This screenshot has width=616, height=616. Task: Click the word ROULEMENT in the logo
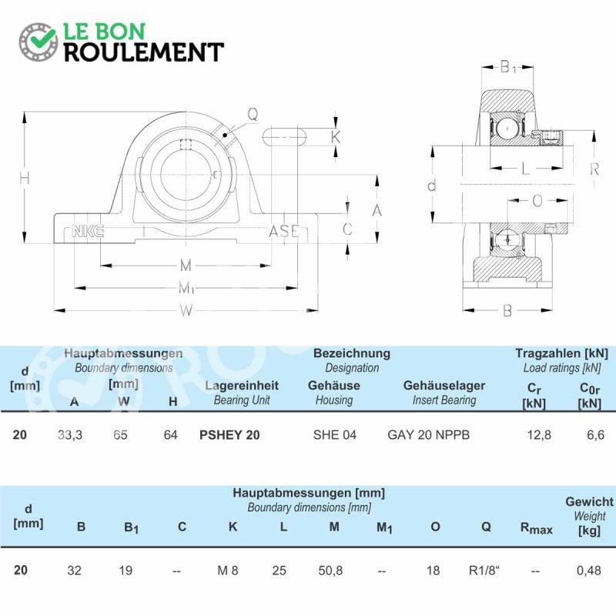pos(144,52)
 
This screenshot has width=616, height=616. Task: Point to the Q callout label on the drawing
pos(253,114)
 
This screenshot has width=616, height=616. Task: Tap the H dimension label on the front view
pos(25,179)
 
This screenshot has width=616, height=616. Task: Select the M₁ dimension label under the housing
pos(186,288)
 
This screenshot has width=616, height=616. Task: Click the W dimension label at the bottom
pos(186,311)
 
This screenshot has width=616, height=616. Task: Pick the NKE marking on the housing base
pos(88,231)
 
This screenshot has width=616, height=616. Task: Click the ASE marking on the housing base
pos(284,232)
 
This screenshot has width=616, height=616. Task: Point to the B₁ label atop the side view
pos(508,67)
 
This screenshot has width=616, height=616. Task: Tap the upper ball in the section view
pos(507,129)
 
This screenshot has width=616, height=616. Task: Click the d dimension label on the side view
pos(432,185)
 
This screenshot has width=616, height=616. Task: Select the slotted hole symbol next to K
pos(284,137)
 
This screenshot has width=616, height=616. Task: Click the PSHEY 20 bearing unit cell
pos(229,435)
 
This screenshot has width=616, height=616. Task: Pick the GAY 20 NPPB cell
pos(429,435)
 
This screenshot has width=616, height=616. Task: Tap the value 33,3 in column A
pos(70,435)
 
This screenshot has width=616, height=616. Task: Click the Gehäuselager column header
pos(444,386)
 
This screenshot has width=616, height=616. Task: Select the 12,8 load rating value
pos(539,435)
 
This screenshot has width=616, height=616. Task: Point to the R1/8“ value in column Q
pos(484,570)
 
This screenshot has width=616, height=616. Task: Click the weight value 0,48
pos(588,570)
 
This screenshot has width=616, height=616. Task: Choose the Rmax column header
pos(536,528)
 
